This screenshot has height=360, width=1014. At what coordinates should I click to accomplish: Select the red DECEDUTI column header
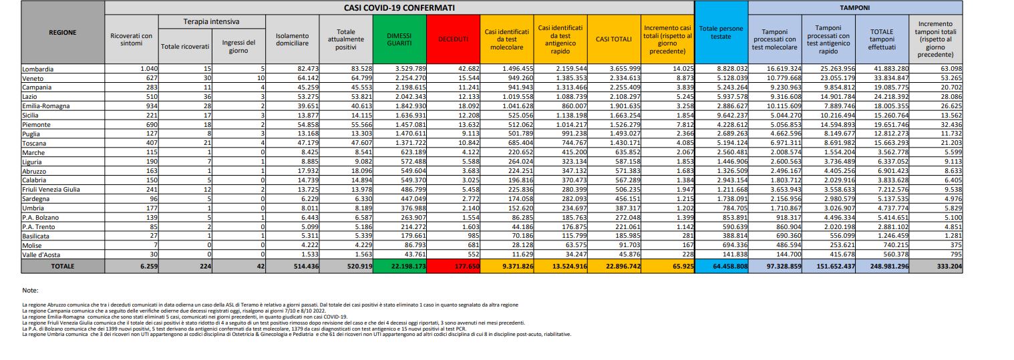click(454, 39)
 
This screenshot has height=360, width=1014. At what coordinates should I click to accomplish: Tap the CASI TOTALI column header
click(613, 39)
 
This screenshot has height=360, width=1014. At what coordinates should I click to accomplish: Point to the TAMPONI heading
click(856, 7)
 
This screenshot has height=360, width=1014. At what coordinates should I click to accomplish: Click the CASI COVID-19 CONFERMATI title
click(399, 7)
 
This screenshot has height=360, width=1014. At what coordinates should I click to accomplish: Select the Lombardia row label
click(38, 69)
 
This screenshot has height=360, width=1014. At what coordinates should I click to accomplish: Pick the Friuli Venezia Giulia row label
click(51, 190)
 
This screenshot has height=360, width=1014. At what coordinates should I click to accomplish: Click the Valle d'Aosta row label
click(41, 254)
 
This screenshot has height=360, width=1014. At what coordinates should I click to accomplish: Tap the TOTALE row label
click(63, 266)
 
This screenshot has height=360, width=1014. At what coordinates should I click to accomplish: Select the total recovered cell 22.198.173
click(399, 266)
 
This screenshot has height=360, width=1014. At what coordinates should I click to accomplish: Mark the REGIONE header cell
click(63, 32)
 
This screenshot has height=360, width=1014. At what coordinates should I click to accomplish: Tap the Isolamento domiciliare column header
click(292, 39)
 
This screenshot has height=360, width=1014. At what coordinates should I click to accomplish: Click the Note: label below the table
click(30, 291)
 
